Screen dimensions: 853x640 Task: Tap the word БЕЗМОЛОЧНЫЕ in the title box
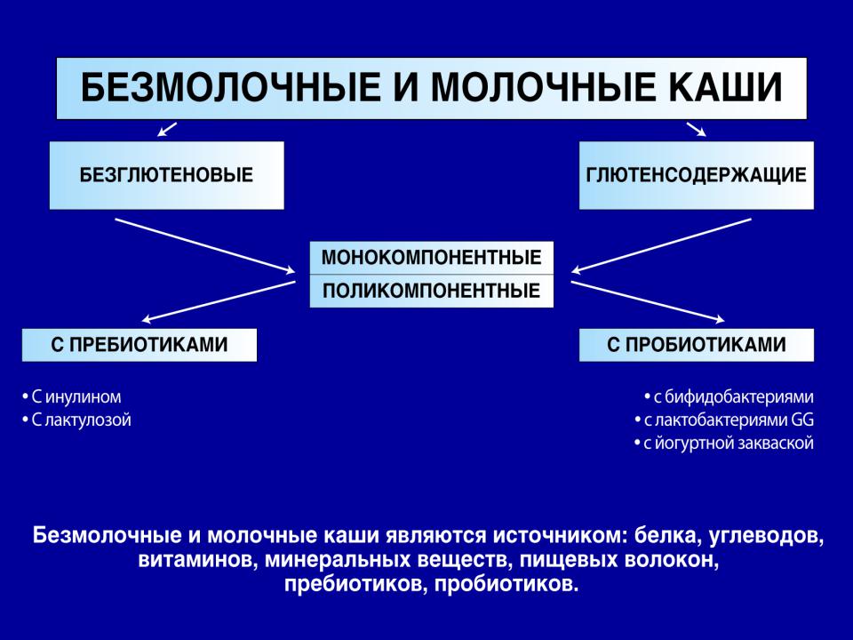[231, 87]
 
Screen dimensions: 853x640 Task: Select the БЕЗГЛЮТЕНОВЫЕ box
[167, 175]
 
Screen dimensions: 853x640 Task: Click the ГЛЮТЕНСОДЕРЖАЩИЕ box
[697, 175]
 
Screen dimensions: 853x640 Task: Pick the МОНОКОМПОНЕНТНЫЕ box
[432, 258]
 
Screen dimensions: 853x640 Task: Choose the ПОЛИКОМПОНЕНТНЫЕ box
[432, 292]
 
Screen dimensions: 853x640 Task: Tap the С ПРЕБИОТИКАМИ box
[140, 345]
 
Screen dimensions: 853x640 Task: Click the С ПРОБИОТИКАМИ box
[697, 345]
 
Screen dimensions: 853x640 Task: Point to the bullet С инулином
[72, 396]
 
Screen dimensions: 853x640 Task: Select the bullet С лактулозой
[76, 420]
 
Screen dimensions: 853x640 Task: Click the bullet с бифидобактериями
[729, 397]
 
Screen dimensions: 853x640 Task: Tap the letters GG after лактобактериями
[802, 420]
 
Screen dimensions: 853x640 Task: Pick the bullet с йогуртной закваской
[724, 443]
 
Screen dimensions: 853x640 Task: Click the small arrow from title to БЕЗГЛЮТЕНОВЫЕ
[167, 130]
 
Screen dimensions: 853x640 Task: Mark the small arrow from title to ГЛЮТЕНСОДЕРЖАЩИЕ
[697, 130]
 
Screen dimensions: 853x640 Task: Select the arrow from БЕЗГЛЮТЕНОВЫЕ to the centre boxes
[205, 245]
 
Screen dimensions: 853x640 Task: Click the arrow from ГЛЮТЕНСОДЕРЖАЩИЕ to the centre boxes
[661, 245]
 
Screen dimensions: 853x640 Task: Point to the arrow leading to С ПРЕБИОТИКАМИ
[219, 301]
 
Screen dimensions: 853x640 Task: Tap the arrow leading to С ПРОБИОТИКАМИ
[648, 301]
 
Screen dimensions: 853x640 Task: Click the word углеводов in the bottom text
[767, 536]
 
